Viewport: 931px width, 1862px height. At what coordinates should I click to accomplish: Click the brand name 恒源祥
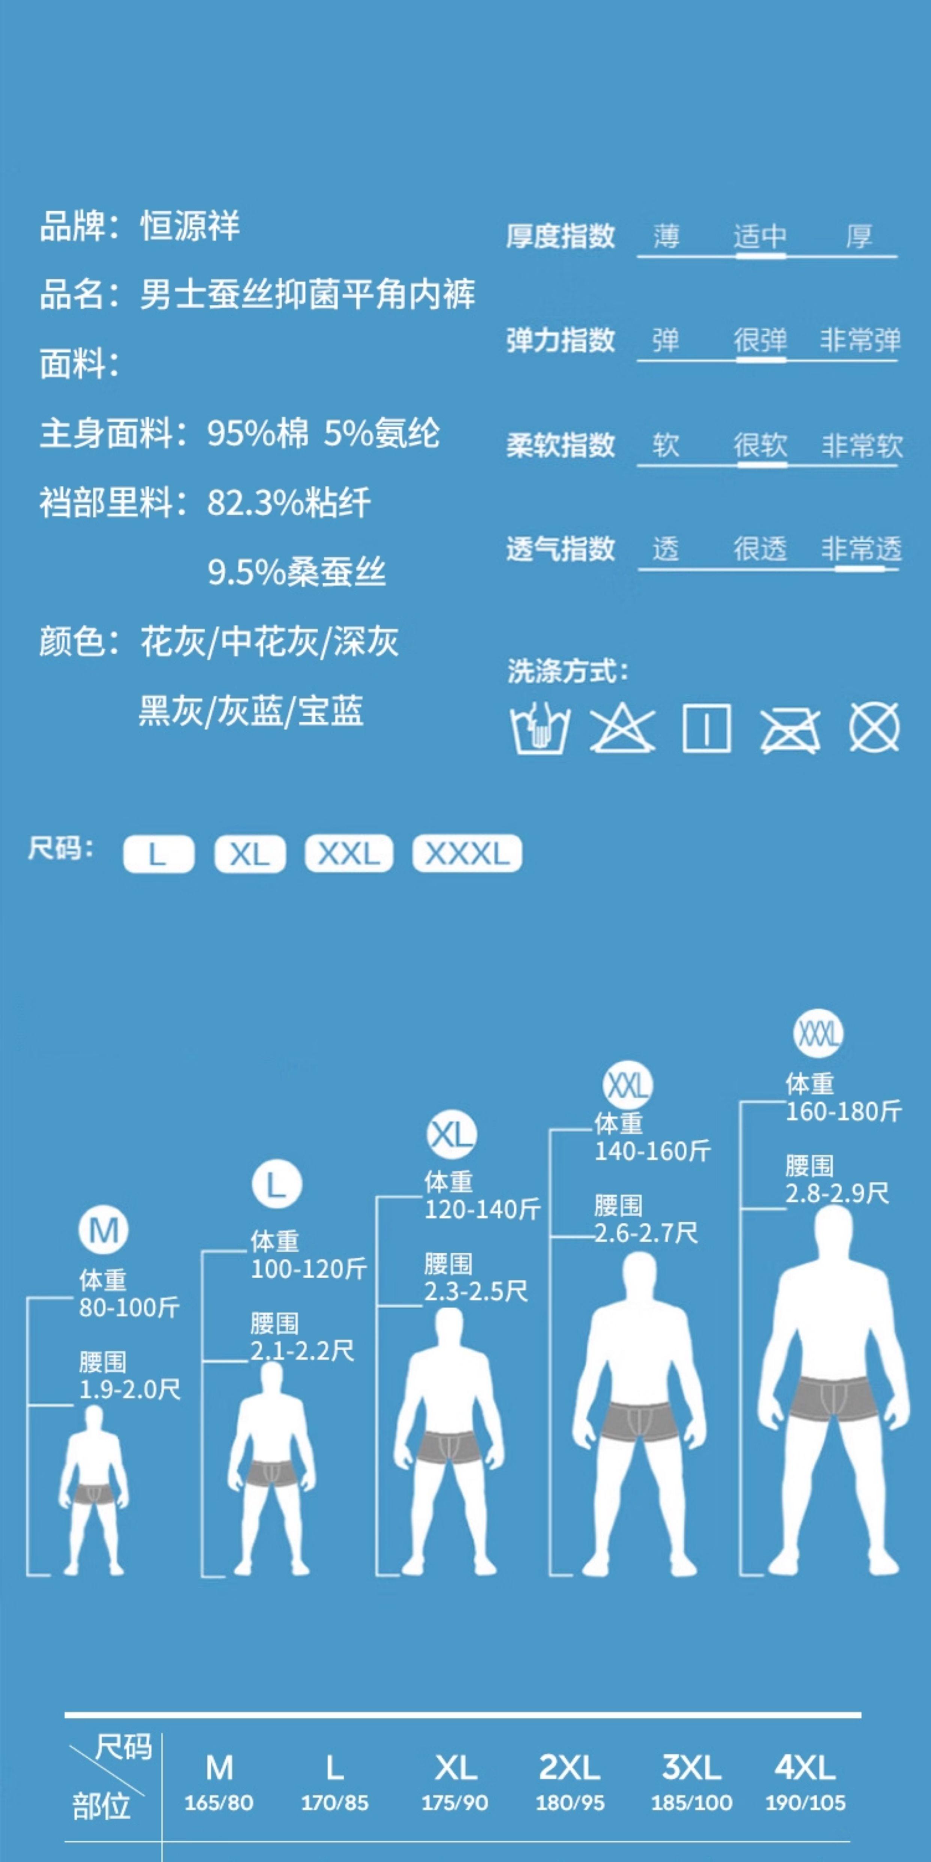click(190, 226)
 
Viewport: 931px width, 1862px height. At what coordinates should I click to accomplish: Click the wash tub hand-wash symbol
click(539, 728)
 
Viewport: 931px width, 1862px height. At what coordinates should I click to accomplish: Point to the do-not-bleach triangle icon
click(622, 728)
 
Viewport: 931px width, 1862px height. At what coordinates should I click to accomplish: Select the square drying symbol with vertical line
click(706, 728)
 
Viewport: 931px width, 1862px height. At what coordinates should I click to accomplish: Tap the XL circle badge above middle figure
click(451, 1135)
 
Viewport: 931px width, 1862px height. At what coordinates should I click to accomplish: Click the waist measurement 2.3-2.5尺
click(476, 1291)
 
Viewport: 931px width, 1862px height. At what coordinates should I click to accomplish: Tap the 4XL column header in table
click(804, 1768)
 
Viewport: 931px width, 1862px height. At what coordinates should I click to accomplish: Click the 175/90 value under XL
click(455, 1803)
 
